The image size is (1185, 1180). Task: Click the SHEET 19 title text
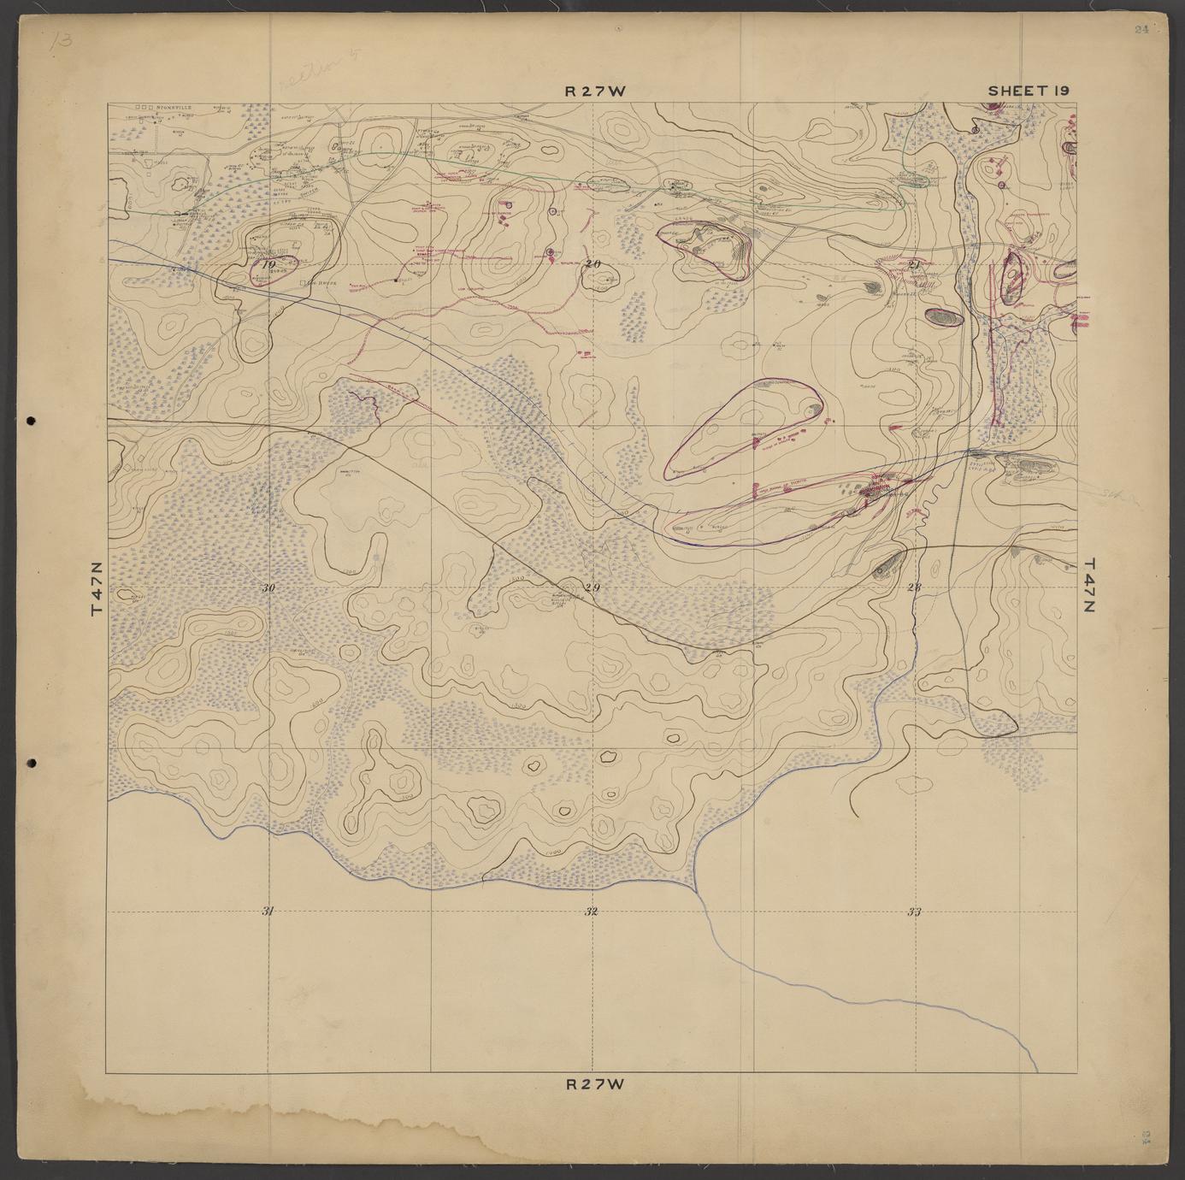click(x=1029, y=90)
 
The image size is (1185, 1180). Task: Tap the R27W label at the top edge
click(x=595, y=90)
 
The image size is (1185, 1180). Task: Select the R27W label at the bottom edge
click(x=596, y=1084)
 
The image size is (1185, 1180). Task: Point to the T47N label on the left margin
click(x=96, y=587)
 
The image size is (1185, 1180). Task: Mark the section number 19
click(x=269, y=265)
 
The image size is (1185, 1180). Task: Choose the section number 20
click(x=592, y=263)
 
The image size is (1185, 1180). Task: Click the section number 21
click(x=914, y=263)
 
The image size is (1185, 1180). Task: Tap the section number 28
click(x=914, y=587)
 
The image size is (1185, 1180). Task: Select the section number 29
click(x=592, y=587)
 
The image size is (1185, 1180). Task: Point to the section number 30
click(x=268, y=588)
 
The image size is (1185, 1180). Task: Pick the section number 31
click(x=268, y=912)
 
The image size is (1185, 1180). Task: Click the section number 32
click(x=591, y=912)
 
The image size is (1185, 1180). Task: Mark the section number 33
click(x=913, y=912)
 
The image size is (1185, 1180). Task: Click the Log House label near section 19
click(x=319, y=283)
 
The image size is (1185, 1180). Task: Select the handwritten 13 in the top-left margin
click(x=61, y=39)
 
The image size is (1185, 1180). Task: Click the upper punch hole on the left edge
click(x=31, y=421)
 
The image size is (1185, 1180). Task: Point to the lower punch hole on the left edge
click(x=31, y=762)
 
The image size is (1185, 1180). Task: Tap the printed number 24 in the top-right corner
click(x=1141, y=29)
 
